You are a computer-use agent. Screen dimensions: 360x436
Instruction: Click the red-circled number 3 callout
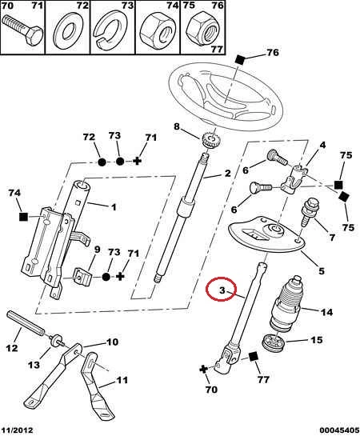pos(222,290)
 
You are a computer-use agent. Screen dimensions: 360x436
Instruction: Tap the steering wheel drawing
pos(226,98)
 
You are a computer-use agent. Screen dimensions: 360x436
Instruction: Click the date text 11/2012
pos(17,430)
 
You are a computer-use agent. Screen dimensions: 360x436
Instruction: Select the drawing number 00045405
pos(339,430)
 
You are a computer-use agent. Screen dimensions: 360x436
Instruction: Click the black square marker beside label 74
pos(23,217)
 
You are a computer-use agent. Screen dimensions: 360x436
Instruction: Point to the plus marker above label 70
pos(204,369)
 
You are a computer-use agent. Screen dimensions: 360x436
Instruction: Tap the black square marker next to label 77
pos(254,357)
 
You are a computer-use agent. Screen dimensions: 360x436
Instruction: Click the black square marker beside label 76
pos(240,60)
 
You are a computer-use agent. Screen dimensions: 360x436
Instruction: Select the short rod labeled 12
pos(25,324)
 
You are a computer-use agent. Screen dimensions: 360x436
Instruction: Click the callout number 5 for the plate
pos(322,270)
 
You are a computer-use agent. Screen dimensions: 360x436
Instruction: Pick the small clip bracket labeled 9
pos(83,277)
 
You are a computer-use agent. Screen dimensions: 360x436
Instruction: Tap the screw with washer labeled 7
pos(309,212)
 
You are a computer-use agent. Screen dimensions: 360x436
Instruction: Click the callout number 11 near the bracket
pos(122,379)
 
